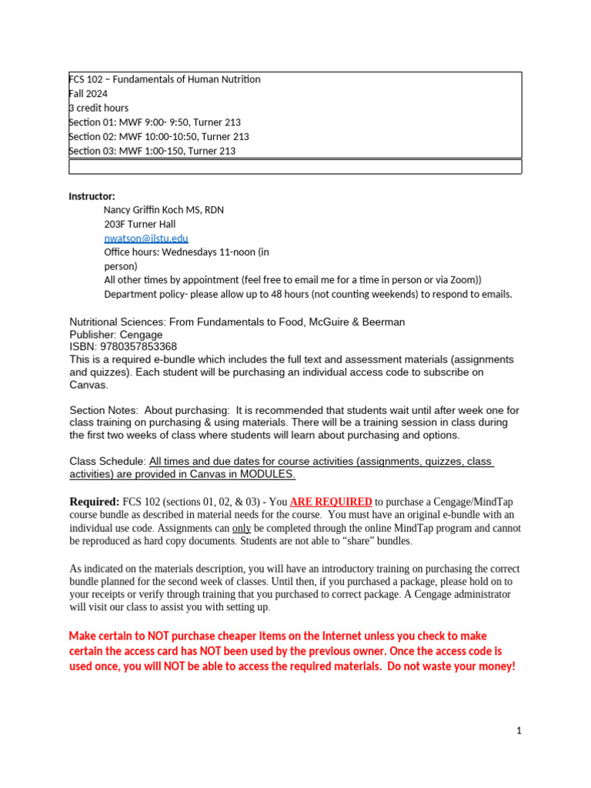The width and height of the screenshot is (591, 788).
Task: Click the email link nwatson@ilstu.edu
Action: (146, 239)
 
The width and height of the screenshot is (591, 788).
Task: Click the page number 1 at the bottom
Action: (519, 731)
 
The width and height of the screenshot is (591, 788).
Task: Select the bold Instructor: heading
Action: (92, 196)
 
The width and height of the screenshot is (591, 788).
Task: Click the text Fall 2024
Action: (88, 94)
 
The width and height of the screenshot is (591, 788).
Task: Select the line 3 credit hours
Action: (98, 108)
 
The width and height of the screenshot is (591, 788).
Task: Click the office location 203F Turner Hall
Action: (140, 224)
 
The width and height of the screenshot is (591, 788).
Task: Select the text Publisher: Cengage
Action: (115, 335)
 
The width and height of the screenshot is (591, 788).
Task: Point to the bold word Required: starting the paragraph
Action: (95, 502)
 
